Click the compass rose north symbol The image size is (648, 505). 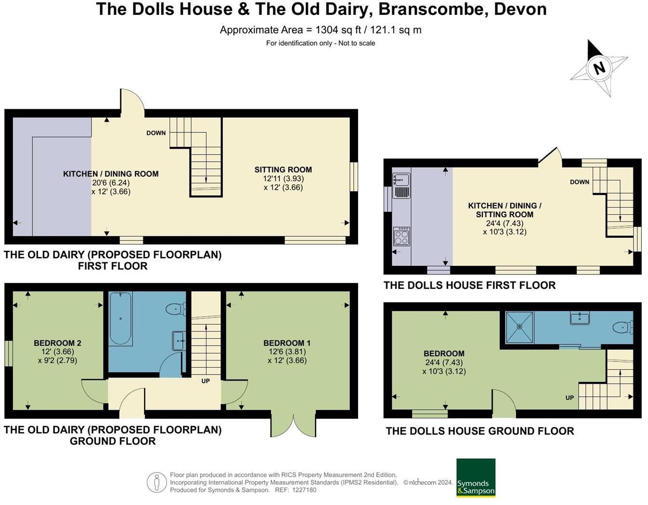click(599, 67)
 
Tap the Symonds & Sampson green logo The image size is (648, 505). click(476, 478)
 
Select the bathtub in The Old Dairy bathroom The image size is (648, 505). click(120, 318)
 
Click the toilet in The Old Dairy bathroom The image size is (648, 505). click(176, 309)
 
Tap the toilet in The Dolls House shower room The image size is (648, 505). click(623, 327)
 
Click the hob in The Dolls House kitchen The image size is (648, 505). click(401, 236)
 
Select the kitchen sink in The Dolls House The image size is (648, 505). click(401, 180)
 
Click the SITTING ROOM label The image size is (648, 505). click(283, 169)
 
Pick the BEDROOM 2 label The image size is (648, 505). click(57, 343)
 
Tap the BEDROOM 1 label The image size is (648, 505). click(287, 343)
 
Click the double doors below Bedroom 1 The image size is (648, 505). click(294, 424)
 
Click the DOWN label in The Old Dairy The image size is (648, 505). click(156, 133)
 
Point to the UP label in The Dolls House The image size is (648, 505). click(570, 398)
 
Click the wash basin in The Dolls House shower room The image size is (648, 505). click(580, 318)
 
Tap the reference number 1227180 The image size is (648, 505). click(302, 490)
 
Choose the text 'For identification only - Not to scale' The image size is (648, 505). click(321, 43)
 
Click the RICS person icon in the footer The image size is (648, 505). click(156, 482)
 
